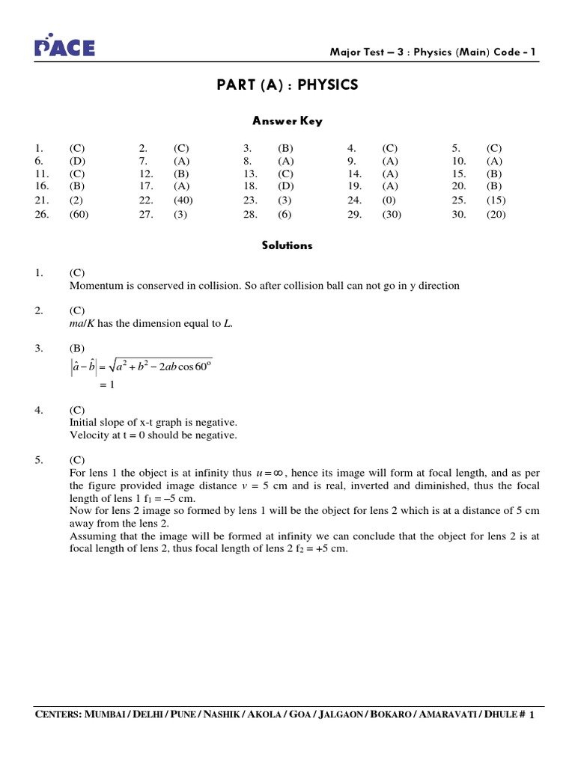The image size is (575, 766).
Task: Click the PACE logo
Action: (x=66, y=46)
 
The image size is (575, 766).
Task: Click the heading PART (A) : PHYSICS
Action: (x=287, y=85)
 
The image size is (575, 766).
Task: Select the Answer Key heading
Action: (x=287, y=121)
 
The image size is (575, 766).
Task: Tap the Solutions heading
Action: (x=287, y=245)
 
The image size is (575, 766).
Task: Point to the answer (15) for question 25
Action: (x=496, y=200)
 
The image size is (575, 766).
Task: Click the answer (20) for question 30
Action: (x=496, y=214)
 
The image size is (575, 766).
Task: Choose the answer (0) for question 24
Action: (x=389, y=200)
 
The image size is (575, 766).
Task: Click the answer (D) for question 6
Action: (x=78, y=161)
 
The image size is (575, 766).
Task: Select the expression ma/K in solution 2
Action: (x=84, y=323)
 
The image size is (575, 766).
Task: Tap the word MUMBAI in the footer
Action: (x=107, y=716)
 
